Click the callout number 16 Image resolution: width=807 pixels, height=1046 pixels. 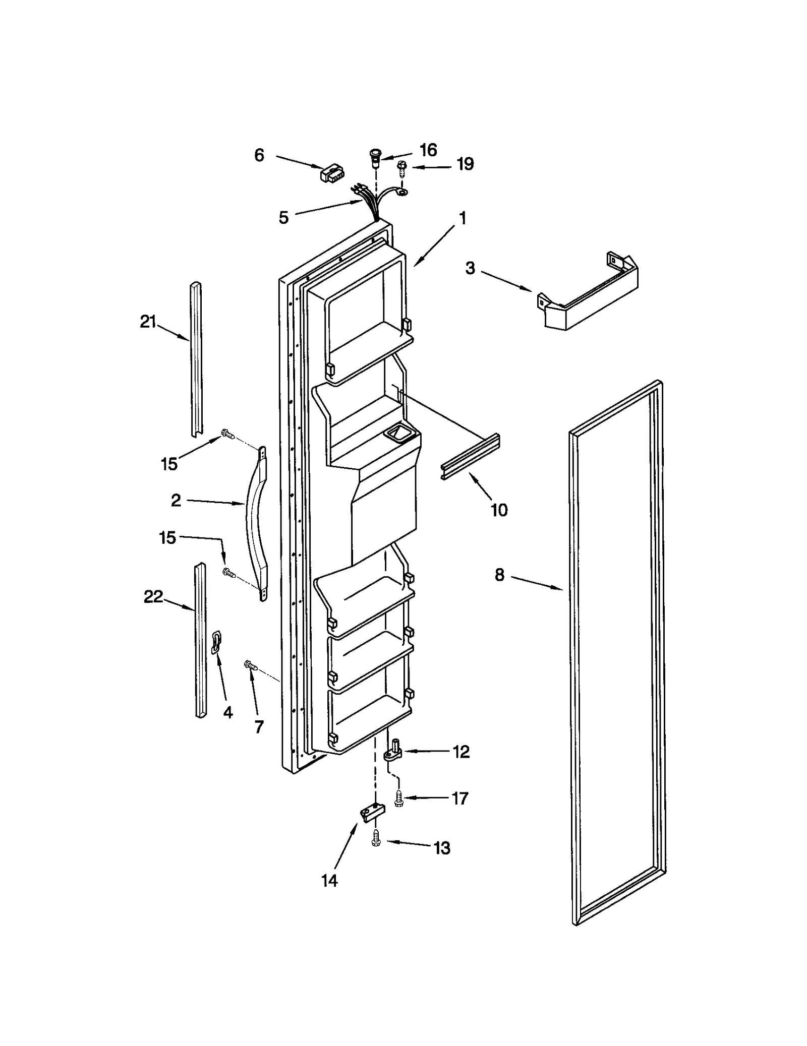[x=428, y=150]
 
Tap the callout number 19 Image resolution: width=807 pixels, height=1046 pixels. [x=465, y=164]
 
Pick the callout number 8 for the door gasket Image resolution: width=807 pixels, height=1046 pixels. [x=499, y=575]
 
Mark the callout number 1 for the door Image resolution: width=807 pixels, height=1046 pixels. [x=462, y=218]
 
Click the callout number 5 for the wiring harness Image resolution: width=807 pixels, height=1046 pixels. [x=283, y=218]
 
